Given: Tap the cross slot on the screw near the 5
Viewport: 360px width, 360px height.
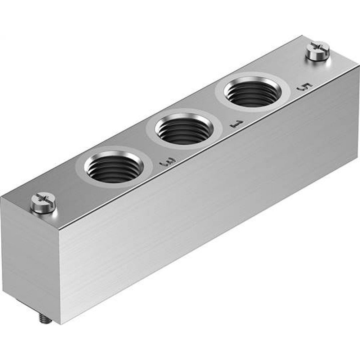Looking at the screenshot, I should [x=317, y=46].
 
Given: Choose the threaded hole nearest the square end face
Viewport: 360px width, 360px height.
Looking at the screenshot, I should [x=113, y=167].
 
